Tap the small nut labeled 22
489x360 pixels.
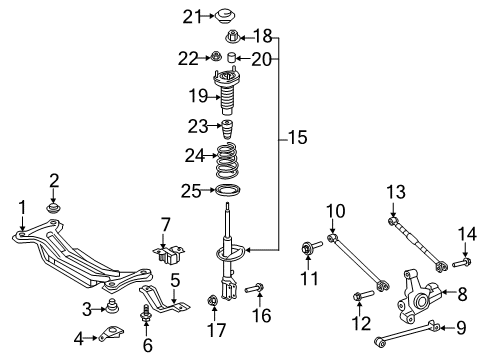point(210,59)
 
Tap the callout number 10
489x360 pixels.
point(333,210)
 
